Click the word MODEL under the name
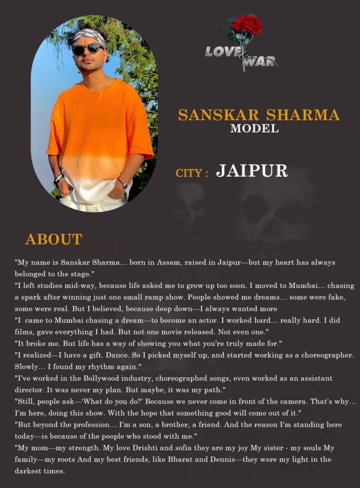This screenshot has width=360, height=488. pos(255,128)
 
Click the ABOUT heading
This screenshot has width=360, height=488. pos(53,239)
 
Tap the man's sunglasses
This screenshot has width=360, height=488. pos(88,49)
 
